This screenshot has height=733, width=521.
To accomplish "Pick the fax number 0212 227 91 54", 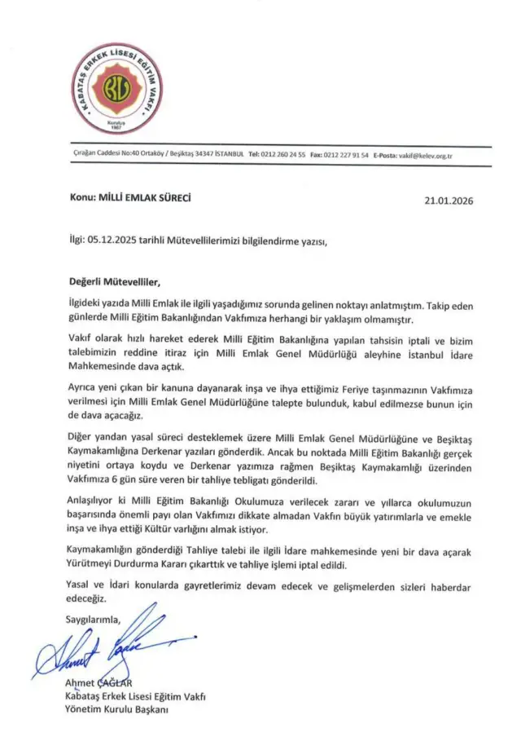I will (348, 155).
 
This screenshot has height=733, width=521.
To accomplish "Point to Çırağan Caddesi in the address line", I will (90, 155).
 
